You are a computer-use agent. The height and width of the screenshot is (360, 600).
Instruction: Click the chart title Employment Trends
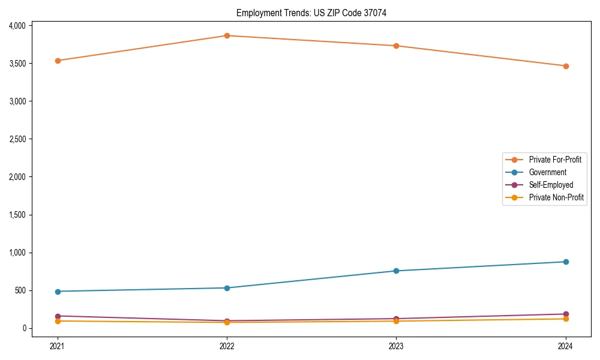pyautogui.click(x=311, y=13)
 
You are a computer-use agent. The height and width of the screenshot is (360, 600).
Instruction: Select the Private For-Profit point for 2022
pyautogui.click(x=227, y=36)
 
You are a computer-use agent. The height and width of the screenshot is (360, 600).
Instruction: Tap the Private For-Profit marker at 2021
pyautogui.click(x=58, y=61)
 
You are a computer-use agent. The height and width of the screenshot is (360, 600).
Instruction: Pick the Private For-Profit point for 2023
pyautogui.click(x=397, y=46)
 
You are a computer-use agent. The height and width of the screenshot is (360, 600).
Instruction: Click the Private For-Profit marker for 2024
pyautogui.click(x=566, y=66)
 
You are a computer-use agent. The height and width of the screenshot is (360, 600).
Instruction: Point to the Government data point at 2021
pyautogui.click(x=58, y=292)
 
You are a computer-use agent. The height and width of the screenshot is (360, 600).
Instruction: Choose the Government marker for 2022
pyautogui.click(x=227, y=288)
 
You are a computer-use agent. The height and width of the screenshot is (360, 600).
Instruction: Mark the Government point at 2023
pyautogui.click(x=397, y=271)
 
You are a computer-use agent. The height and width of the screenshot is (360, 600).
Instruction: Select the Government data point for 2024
pyautogui.click(x=566, y=262)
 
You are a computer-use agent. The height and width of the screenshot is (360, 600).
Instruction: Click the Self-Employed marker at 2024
pyautogui.click(x=566, y=314)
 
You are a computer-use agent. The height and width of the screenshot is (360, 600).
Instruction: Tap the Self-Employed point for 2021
pyautogui.click(x=58, y=316)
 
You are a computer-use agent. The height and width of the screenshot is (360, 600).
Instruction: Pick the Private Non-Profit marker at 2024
pyautogui.click(x=566, y=319)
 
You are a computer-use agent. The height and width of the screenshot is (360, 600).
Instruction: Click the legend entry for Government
pyautogui.click(x=547, y=172)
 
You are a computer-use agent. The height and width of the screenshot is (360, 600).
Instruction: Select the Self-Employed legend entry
pyautogui.click(x=551, y=185)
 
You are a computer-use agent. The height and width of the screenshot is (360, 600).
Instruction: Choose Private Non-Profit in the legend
pyautogui.click(x=556, y=197)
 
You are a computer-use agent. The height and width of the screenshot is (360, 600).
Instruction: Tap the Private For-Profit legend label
pyautogui.click(x=555, y=160)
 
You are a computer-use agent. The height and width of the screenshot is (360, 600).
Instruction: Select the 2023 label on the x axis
pyautogui.click(x=397, y=346)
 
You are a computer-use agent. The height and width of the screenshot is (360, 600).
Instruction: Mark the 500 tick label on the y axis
pyautogui.click(x=20, y=290)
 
